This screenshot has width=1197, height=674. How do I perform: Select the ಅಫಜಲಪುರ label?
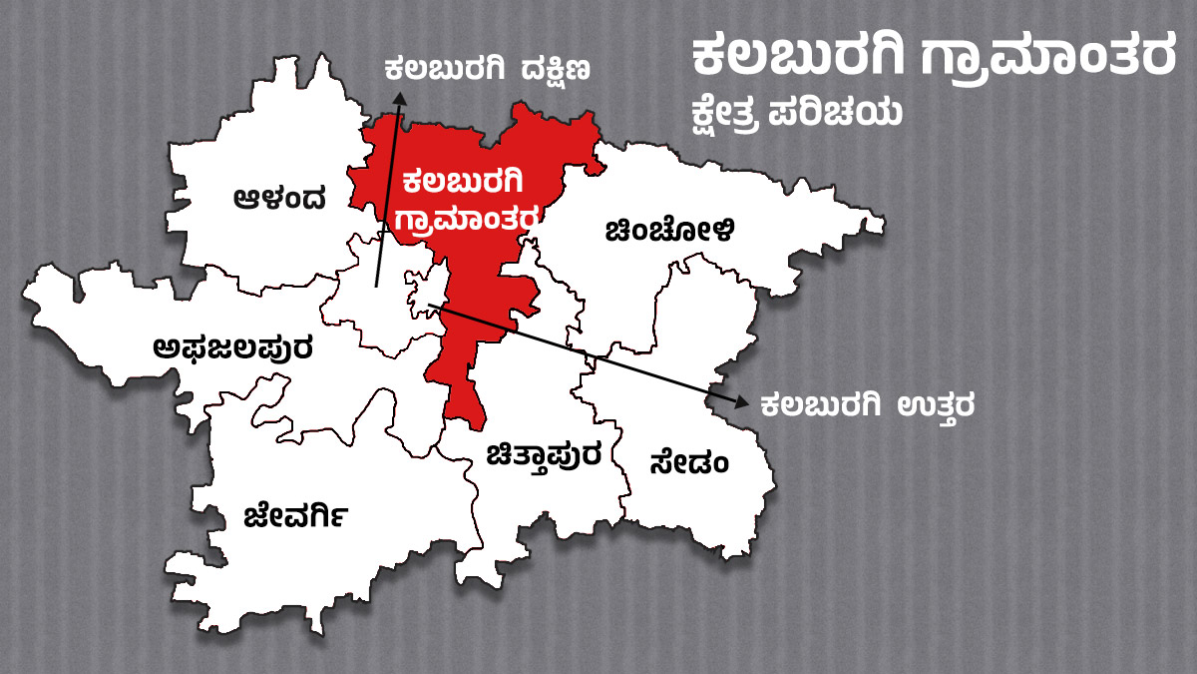click(233, 348)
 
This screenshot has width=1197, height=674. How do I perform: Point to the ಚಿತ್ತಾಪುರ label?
click(544, 456)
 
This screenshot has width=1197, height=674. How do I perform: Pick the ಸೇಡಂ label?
click(688, 463)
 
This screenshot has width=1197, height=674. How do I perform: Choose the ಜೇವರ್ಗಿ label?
click(296, 516)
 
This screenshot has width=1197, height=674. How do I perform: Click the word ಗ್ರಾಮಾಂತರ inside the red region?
click(468, 219)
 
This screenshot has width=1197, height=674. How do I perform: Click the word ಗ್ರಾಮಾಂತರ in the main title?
click(1048, 60)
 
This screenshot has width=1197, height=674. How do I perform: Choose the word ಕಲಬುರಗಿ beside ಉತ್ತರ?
click(820, 406)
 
